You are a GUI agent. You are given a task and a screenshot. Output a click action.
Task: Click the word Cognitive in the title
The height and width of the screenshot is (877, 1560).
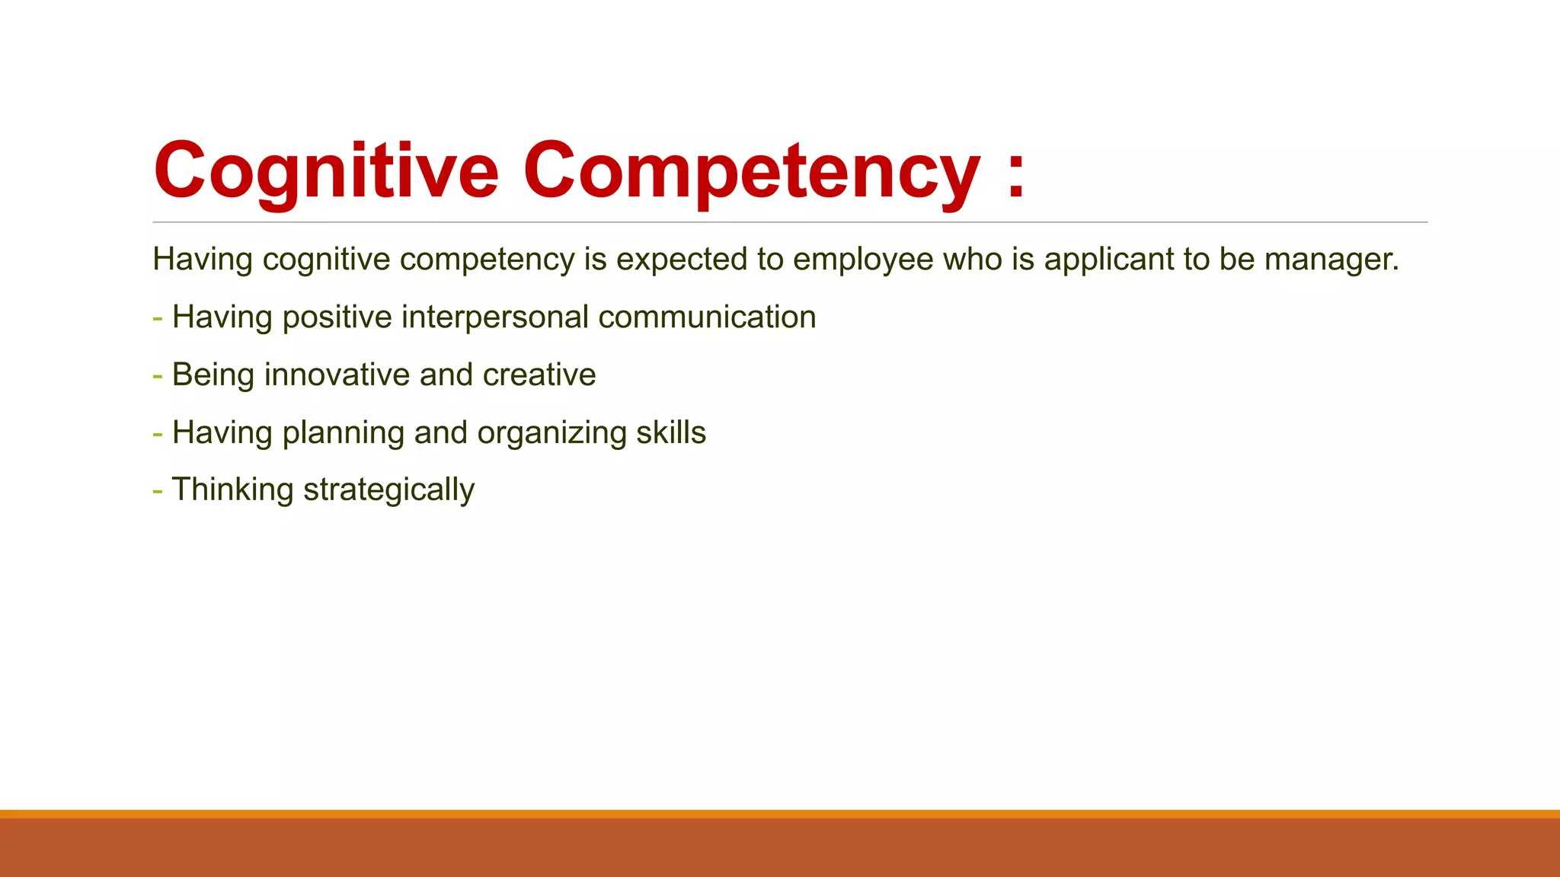click(x=326, y=171)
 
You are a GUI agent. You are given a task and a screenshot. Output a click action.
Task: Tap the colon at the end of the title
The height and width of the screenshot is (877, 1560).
click(x=1015, y=179)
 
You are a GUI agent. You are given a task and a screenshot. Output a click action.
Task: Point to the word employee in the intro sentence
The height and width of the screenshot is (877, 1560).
click(x=863, y=260)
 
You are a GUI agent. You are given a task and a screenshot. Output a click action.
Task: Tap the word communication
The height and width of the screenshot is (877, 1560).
click(x=707, y=317)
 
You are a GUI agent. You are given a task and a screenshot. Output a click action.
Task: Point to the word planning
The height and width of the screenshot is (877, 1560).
click(x=343, y=433)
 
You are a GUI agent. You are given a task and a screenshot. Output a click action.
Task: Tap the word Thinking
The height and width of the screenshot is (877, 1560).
click(x=232, y=490)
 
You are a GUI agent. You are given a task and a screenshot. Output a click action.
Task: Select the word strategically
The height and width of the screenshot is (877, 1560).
click(x=388, y=490)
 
